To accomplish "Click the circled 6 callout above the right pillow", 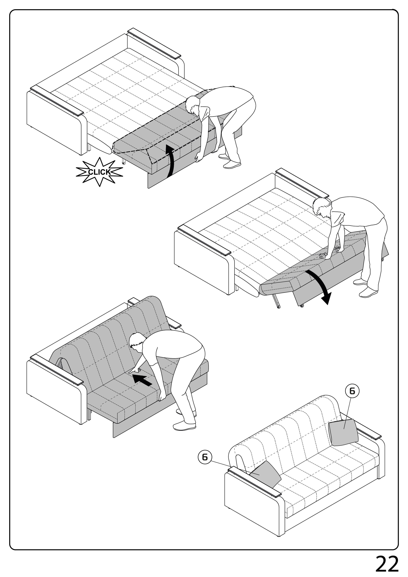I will click(352, 391).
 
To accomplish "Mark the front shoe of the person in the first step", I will click(232, 165).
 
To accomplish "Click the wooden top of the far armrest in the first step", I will click(154, 44).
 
